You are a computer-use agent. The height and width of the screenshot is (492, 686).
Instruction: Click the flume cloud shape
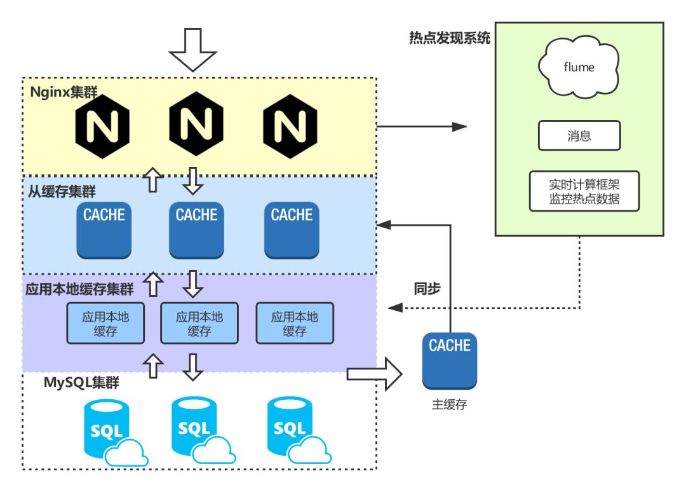[x=578, y=66]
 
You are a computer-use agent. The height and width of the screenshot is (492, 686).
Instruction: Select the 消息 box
[x=579, y=136]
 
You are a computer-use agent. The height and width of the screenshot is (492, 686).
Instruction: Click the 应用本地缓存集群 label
[x=79, y=289]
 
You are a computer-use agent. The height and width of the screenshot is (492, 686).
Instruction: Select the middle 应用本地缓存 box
[x=199, y=323]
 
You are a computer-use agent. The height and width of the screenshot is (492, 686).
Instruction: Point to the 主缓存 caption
[x=450, y=404]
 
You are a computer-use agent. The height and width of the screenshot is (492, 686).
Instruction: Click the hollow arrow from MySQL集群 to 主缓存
[x=375, y=374]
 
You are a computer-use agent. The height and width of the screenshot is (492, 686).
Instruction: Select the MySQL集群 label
[x=81, y=383]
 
